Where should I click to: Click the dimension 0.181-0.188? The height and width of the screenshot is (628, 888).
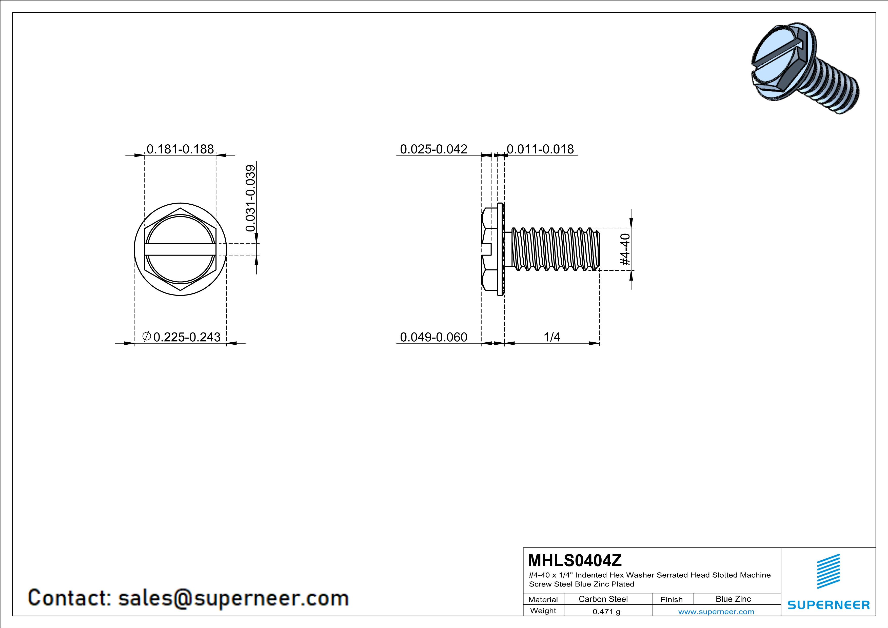(x=180, y=149)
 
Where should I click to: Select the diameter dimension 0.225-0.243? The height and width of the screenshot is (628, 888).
(x=182, y=337)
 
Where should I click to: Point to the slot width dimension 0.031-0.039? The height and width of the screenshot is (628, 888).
(x=251, y=198)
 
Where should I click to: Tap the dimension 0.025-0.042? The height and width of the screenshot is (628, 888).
(x=433, y=149)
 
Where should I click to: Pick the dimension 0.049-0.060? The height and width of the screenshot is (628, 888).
(x=433, y=337)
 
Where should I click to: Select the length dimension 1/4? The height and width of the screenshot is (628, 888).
(x=552, y=337)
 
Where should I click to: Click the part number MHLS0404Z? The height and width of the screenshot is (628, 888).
(x=575, y=560)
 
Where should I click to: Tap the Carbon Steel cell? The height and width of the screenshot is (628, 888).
(x=603, y=599)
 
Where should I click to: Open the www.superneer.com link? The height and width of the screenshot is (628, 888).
(x=716, y=611)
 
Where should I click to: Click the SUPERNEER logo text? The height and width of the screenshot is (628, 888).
(x=828, y=605)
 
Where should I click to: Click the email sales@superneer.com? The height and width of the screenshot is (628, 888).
(x=233, y=598)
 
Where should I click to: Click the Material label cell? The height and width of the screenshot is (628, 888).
(x=543, y=599)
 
